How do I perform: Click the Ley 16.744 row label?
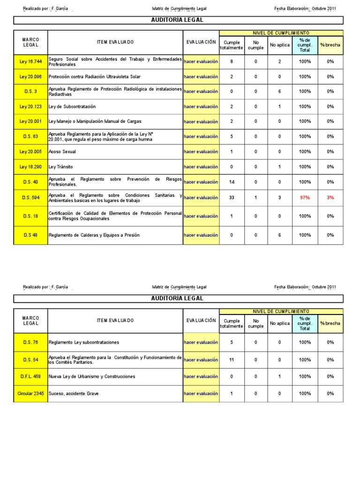coord(30,61)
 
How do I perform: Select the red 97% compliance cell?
coord(305,198)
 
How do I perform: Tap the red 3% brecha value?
coord(330,198)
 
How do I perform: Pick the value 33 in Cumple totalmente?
coord(232,198)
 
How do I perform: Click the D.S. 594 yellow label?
coord(30,198)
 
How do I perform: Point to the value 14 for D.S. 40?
coord(232,182)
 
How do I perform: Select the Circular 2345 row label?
coord(30,394)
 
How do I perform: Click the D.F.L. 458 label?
coord(30,376)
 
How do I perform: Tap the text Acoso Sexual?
coord(62,152)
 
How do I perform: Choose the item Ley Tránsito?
coord(61,167)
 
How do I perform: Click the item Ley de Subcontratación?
coord(72,107)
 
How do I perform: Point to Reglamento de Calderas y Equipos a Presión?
coord(94,235)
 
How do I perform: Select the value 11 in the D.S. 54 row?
coord(232,360)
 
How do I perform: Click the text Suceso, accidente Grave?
coord(74,394)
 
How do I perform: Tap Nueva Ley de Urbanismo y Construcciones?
coord(92,376)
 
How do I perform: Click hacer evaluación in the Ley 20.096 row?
coord(201,76)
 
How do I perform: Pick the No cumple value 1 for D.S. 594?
coord(255,198)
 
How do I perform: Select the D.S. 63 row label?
coord(30,137)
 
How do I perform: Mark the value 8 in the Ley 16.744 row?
coord(232,61)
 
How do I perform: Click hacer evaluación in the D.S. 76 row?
coord(201,342)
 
